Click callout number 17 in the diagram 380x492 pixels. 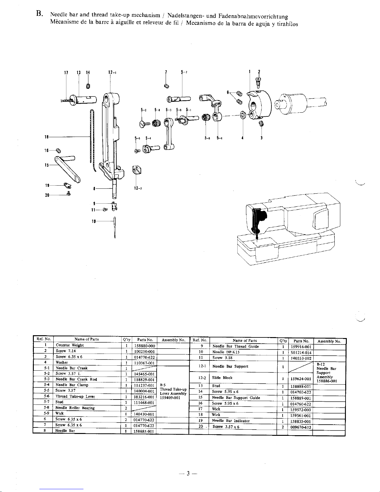[66, 73]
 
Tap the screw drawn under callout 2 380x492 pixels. [257, 81]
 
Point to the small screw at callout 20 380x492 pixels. [68, 195]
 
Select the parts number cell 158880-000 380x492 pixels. [145, 346]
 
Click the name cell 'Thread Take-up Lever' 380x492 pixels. [71, 396]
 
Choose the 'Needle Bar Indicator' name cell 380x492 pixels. [231, 421]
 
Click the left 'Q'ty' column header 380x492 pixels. [126, 340]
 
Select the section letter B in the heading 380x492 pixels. [39, 14]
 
